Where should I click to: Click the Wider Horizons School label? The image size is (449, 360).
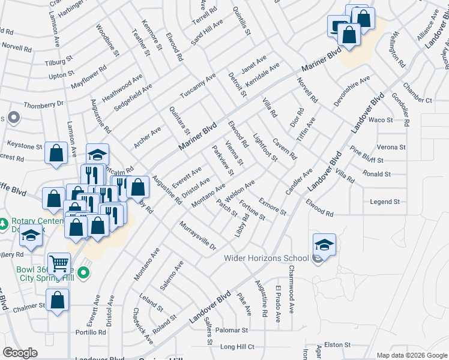[x=267, y=259]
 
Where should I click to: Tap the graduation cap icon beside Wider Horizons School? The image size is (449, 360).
[x=324, y=245]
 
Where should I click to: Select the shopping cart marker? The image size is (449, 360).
[x=59, y=263]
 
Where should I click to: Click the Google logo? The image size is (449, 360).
[x=20, y=353]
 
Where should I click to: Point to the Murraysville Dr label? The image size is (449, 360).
[x=197, y=235]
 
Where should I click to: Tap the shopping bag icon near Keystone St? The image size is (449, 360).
[x=56, y=153]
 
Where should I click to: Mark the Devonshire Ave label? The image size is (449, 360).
[x=352, y=92]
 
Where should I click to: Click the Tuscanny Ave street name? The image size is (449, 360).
[x=197, y=87]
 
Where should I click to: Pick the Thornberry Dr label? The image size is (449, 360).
[x=43, y=104]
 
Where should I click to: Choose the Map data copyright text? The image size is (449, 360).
[x=412, y=355]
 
